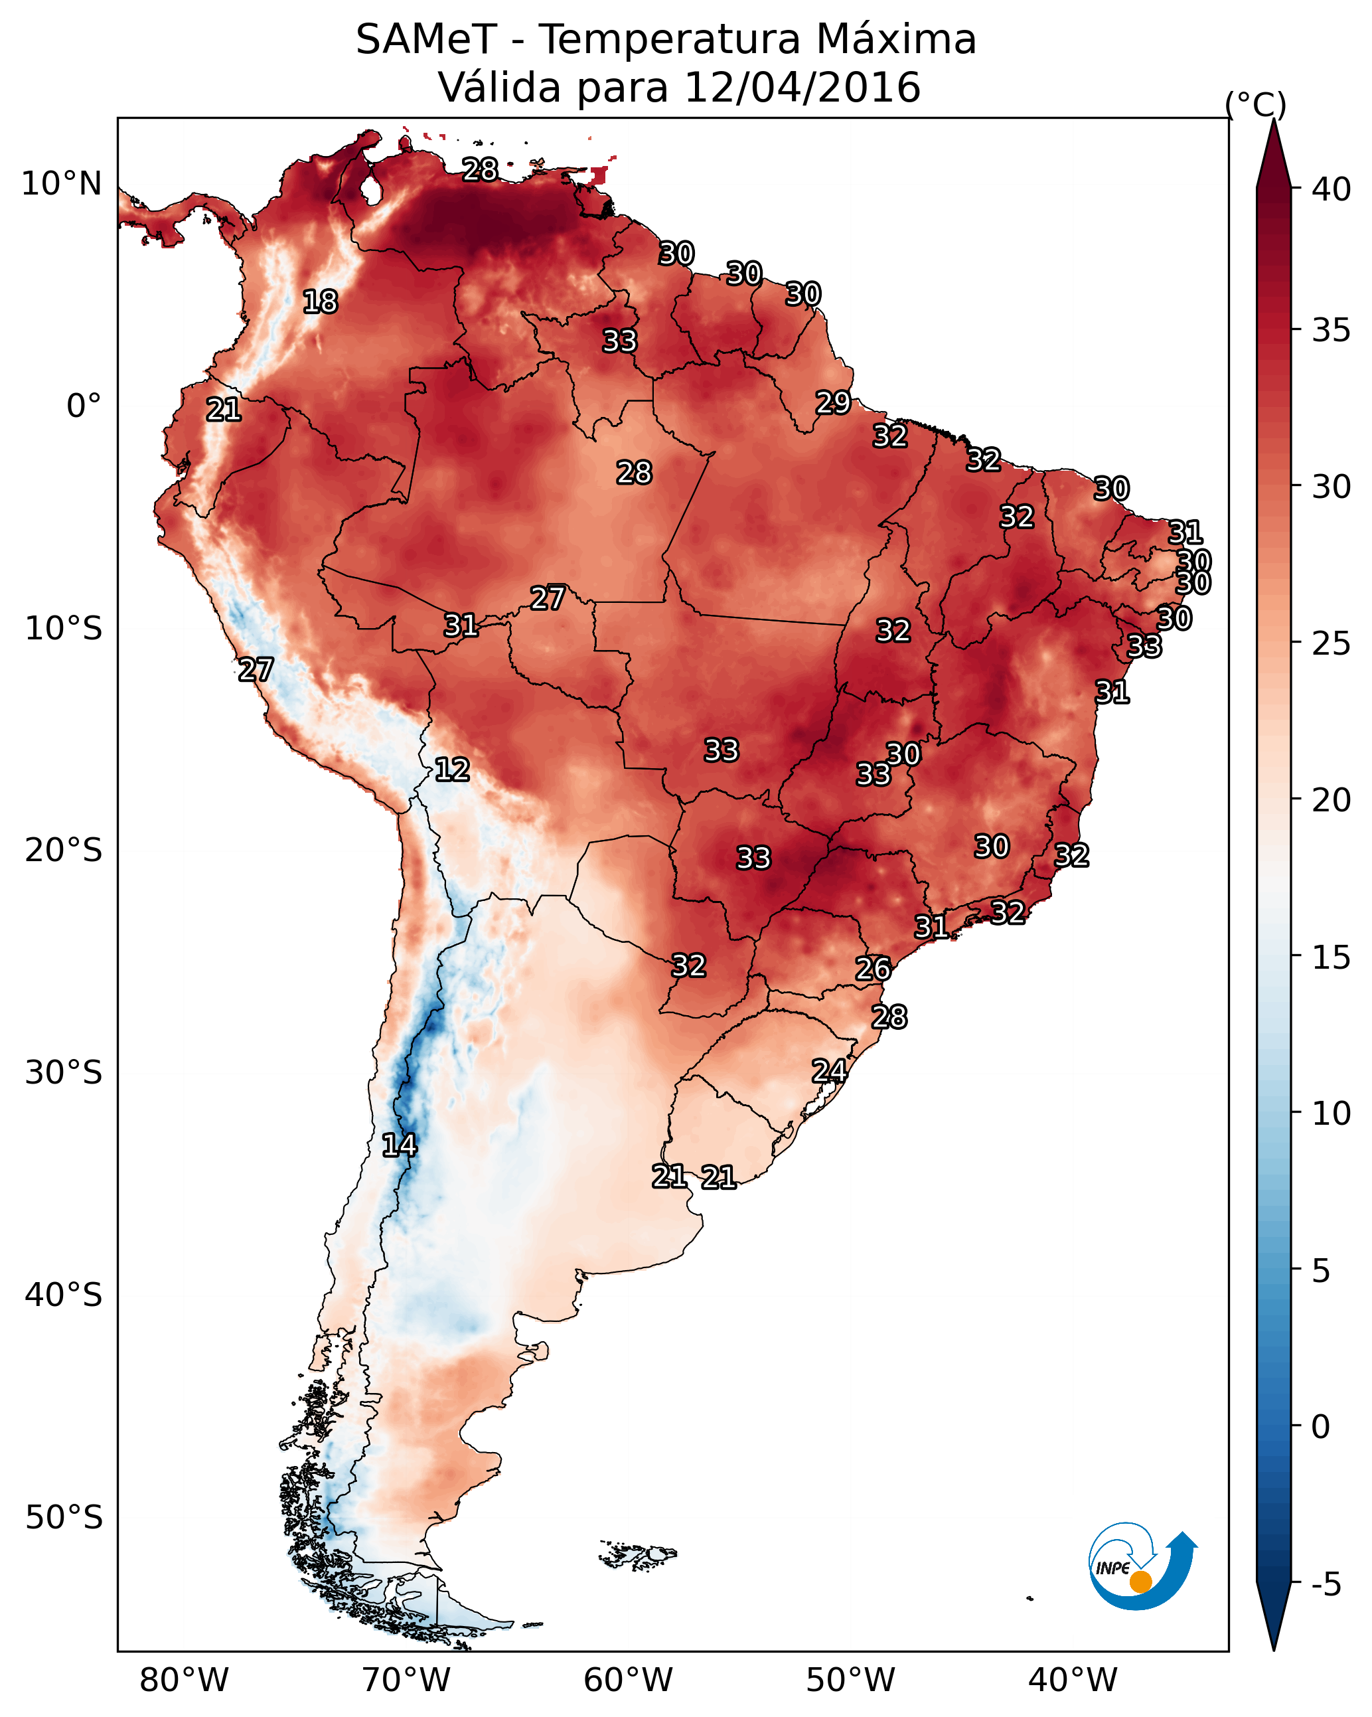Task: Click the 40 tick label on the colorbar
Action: tap(1332, 189)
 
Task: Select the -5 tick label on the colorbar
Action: tap(1326, 1585)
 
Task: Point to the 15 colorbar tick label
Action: tap(1332, 957)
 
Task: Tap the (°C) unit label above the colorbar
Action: tap(1255, 104)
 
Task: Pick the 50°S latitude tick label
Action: tap(64, 1518)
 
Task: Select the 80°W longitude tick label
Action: tap(184, 1680)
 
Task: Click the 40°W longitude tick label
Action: tap(1073, 1680)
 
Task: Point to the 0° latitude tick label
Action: tap(84, 406)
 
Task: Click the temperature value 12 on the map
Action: tap(452, 770)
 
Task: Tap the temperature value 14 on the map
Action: tap(399, 1145)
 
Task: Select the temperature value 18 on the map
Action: tap(320, 302)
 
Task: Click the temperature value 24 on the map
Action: tap(829, 1071)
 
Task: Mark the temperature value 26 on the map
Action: tap(873, 969)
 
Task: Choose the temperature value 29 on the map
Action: tap(833, 403)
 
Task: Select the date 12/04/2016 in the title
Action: tap(802, 88)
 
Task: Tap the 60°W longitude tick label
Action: tap(629, 1680)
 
